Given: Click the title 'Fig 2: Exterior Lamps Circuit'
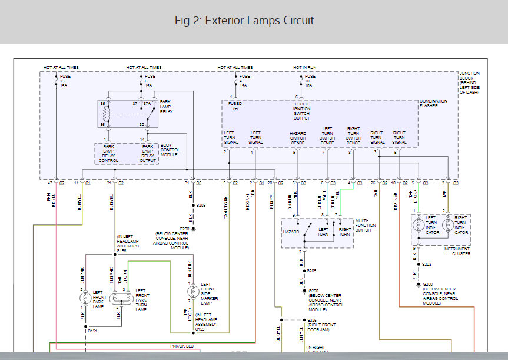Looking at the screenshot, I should pyautogui.click(x=244, y=21).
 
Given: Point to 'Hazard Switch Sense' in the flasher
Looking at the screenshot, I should pyautogui.click(x=298, y=138).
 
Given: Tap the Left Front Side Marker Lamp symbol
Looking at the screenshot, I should pyautogui.click(x=192, y=291).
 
